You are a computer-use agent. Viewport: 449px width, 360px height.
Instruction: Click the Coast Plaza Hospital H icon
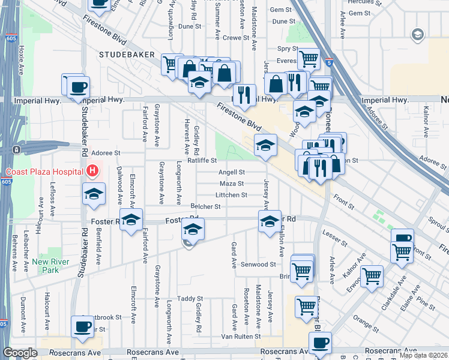click(x=92, y=172)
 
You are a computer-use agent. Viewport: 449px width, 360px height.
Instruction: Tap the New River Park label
click(x=49, y=266)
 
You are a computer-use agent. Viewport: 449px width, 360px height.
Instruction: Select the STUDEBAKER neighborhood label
click(x=130, y=55)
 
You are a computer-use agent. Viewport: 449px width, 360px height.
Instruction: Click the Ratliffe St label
click(x=201, y=161)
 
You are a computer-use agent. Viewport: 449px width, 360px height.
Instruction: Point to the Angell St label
click(x=232, y=172)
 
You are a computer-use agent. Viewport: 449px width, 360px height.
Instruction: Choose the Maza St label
click(x=232, y=184)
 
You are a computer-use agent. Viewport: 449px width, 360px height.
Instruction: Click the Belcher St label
click(x=206, y=206)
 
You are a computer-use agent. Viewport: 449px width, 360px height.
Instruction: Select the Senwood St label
click(x=259, y=264)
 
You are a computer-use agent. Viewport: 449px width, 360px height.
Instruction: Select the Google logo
click(x=20, y=353)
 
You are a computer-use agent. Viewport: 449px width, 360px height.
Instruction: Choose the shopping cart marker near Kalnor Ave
click(x=372, y=277)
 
